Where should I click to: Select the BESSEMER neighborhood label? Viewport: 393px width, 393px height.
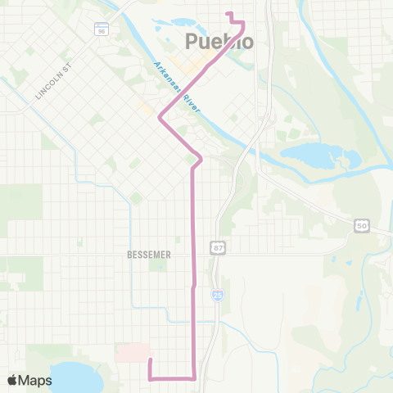(149, 255)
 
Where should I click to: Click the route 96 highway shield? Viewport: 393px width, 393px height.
(101, 30)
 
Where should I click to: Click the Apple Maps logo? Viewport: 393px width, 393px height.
(29, 380)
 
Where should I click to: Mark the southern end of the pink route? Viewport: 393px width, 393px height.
(150, 360)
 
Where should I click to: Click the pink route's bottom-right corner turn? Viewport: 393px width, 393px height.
(193, 378)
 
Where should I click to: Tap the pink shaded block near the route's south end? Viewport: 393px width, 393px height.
(129, 352)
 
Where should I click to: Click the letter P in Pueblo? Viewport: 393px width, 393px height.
(192, 41)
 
